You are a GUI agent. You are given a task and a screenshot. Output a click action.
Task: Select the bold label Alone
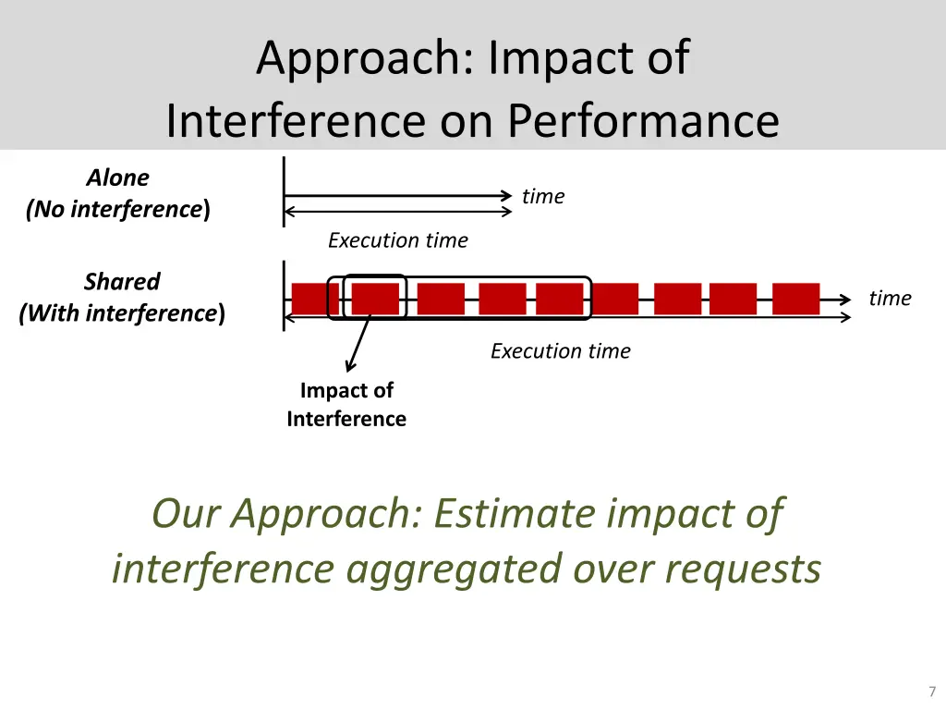pos(117,177)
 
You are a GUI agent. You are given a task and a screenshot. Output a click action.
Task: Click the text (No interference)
pos(117,209)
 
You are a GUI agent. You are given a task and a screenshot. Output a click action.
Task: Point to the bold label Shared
pos(122,281)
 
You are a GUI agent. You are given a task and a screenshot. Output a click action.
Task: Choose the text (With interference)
pos(122,313)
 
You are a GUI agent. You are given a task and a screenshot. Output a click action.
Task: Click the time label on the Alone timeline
pos(542,196)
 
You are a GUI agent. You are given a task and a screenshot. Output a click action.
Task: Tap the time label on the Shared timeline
pos(889,298)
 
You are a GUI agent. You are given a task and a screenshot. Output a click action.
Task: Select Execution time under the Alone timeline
pos(397,240)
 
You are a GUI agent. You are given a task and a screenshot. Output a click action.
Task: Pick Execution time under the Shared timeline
pos(560,351)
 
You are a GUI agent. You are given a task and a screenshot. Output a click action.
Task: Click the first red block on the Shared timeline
pos(314,299)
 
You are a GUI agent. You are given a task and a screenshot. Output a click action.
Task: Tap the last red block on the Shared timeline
pos(795,299)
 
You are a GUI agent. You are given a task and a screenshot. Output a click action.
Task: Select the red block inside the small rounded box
pos(374,299)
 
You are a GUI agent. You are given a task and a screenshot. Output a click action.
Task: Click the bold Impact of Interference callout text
pos(346,405)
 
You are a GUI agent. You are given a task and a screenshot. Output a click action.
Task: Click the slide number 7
pos(932,692)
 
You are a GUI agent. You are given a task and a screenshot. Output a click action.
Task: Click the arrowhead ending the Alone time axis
pos(506,196)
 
